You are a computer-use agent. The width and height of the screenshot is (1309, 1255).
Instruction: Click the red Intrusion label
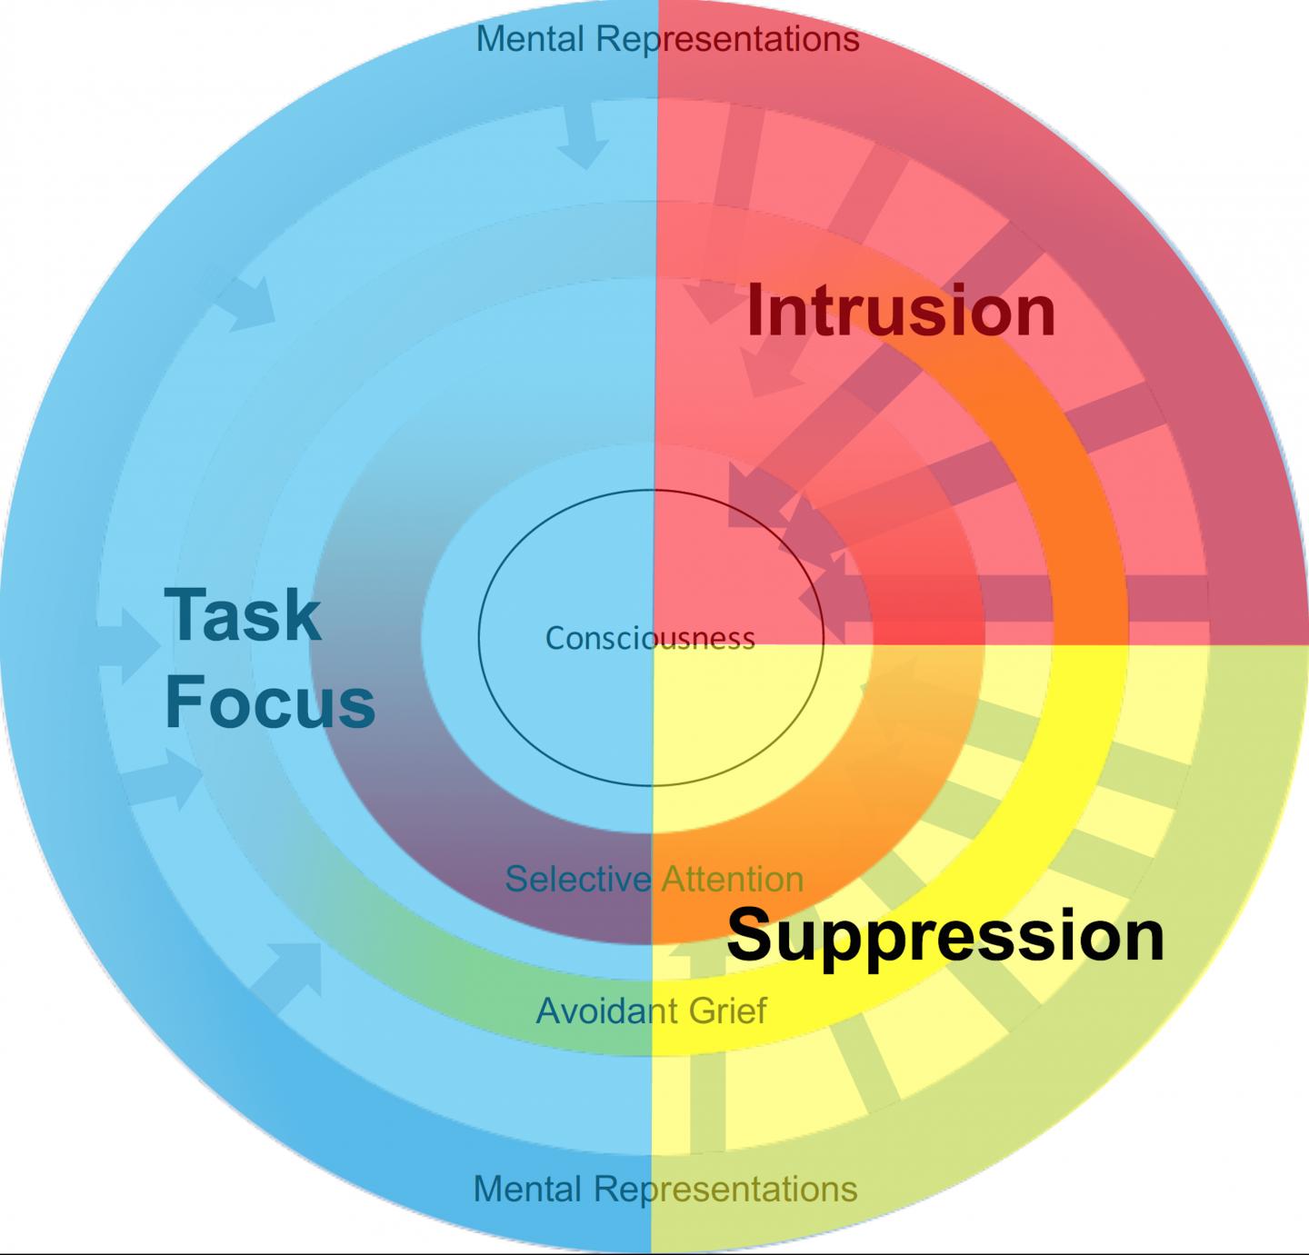900,311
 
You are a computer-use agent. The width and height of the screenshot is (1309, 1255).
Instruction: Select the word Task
243,615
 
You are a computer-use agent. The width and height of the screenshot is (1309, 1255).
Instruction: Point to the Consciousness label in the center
650,638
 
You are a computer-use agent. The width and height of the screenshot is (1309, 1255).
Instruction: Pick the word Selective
578,879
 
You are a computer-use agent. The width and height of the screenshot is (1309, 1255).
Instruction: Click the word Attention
733,879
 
